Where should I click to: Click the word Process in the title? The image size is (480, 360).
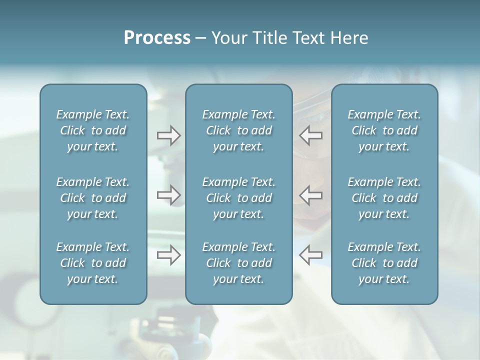click(x=157, y=38)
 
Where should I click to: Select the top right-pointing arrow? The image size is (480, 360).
click(x=168, y=135)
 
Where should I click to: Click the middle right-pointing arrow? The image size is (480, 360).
click(x=168, y=195)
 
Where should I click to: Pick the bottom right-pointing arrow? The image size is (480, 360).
click(x=168, y=255)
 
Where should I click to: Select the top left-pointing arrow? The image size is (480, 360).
click(x=311, y=135)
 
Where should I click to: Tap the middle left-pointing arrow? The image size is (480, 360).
click(x=311, y=195)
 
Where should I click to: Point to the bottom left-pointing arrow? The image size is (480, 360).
click(x=311, y=255)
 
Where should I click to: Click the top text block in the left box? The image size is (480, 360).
click(x=93, y=130)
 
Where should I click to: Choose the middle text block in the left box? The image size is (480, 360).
click(x=93, y=198)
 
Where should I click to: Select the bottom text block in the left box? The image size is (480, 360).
click(x=93, y=263)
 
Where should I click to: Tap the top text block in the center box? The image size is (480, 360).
click(x=238, y=130)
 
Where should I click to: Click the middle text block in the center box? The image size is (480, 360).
click(x=238, y=198)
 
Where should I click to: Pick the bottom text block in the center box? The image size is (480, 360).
click(x=238, y=263)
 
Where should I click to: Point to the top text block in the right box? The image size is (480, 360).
click(x=384, y=130)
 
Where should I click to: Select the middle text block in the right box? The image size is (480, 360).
click(x=384, y=198)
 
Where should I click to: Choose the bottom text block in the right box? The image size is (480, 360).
click(x=384, y=263)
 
